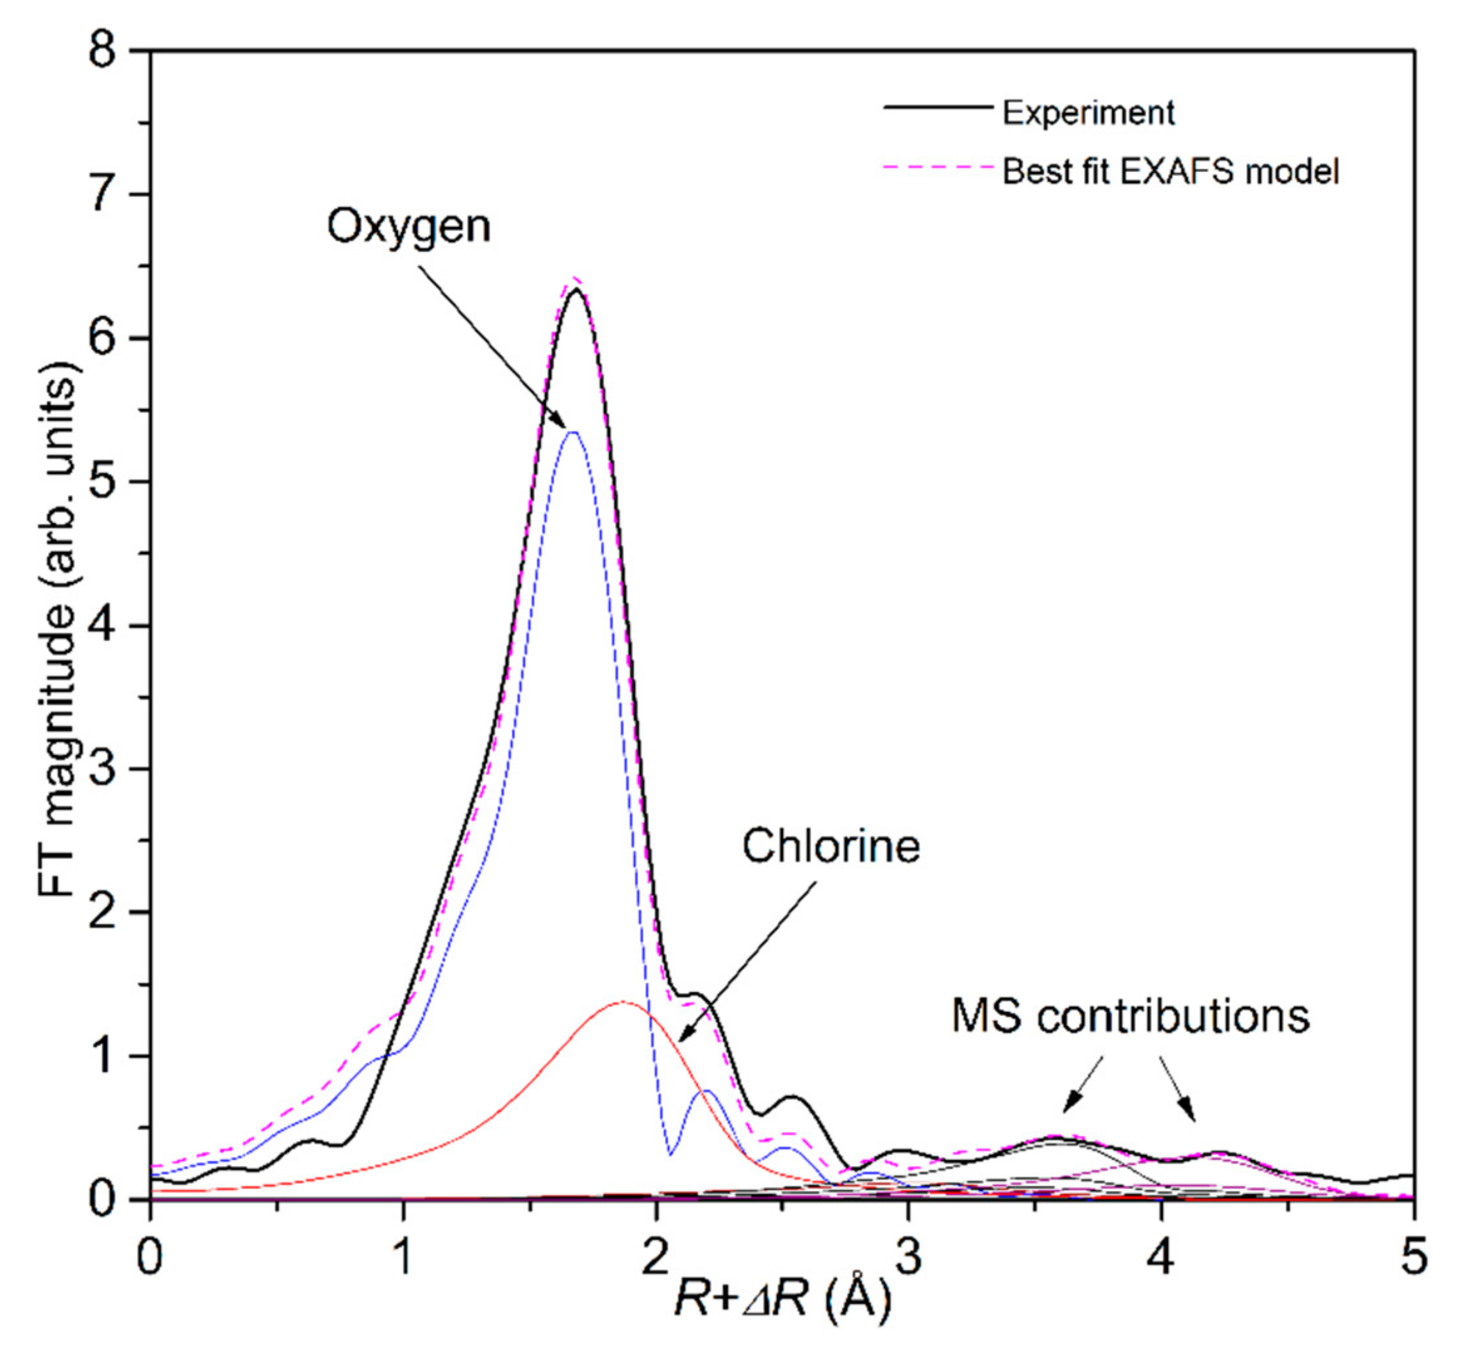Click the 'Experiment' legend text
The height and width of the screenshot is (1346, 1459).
[x=1088, y=113]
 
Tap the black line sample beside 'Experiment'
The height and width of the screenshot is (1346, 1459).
[x=938, y=108]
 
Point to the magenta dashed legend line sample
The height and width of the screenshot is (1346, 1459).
[x=938, y=168]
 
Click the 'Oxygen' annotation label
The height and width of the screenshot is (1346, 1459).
[x=408, y=227]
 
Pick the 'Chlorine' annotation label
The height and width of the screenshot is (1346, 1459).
[x=830, y=846]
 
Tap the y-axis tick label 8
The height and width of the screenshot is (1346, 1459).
[x=102, y=52]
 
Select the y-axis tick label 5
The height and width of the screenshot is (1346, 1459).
[x=102, y=482]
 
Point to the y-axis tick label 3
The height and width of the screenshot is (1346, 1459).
[x=102, y=769]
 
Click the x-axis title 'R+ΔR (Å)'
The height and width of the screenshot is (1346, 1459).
[x=782, y=1298]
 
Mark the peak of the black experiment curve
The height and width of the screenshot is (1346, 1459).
[x=576, y=289]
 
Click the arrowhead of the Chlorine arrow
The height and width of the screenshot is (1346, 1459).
[x=679, y=1042]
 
